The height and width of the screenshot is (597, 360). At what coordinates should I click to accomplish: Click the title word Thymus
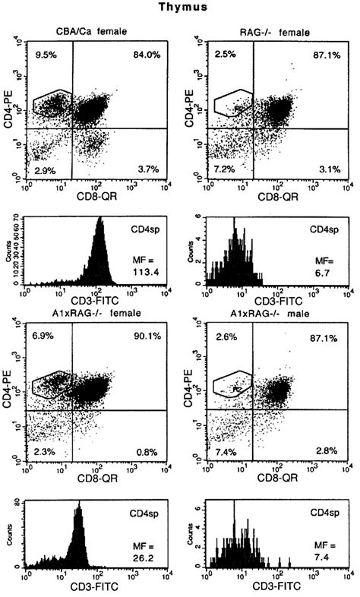pos(181,9)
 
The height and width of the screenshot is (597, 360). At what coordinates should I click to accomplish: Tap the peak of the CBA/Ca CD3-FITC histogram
pos(99,220)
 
